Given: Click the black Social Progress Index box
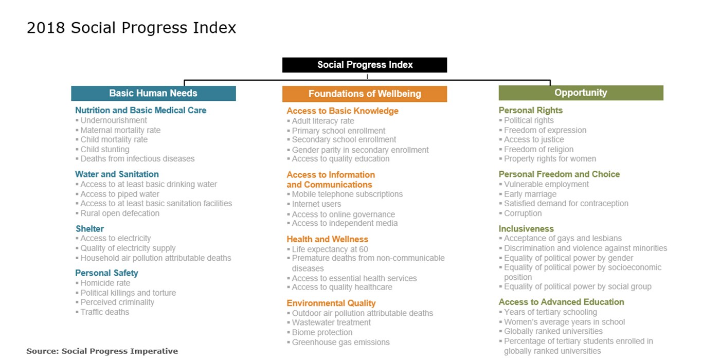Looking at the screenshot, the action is [365, 65].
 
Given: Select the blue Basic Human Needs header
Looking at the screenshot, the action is [153, 93].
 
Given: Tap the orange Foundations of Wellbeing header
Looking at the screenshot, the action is [365, 94].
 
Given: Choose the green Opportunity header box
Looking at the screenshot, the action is [581, 93].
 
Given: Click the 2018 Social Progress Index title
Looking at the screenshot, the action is [131, 28].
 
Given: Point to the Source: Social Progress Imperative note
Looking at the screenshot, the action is [102, 351].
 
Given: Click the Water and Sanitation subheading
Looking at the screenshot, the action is [117, 174].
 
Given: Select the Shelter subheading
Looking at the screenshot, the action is [89, 229].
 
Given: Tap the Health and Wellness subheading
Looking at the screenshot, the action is [327, 239].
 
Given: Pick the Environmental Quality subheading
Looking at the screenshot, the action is [331, 303].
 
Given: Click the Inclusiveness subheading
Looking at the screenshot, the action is [526, 229].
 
